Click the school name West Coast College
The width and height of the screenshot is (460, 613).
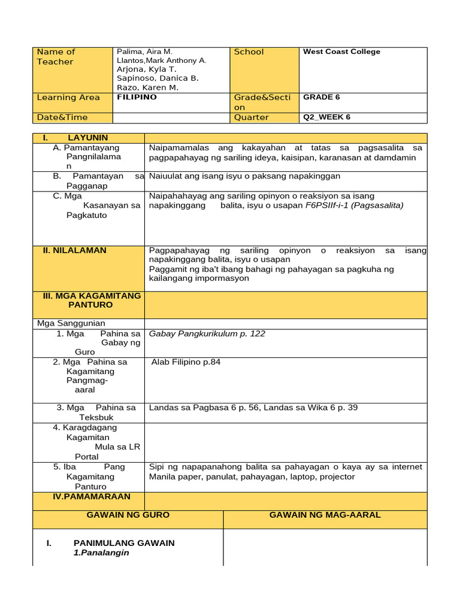(x=341, y=52)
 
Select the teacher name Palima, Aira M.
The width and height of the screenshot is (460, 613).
(x=144, y=52)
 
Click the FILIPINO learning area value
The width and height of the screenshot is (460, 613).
(x=137, y=97)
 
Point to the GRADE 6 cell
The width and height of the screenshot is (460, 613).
(x=321, y=97)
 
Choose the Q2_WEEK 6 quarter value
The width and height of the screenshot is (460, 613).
(x=326, y=117)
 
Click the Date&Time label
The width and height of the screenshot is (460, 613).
(x=62, y=117)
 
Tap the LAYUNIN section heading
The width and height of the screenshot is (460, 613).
(x=87, y=138)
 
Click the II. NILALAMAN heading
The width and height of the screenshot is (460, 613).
(x=74, y=250)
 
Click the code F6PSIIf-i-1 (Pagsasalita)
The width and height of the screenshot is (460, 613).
(x=355, y=205)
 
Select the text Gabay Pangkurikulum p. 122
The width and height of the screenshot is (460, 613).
(x=207, y=333)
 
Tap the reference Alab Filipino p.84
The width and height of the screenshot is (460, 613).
(x=186, y=362)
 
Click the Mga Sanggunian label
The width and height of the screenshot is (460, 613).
(x=71, y=323)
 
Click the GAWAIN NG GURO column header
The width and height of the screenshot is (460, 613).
(x=128, y=515)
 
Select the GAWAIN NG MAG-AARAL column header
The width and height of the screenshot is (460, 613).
(x=325, y=515)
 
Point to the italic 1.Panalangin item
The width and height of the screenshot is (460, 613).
(x=101, y=553)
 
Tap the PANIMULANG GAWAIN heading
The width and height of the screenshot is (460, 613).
(x=124, y=543)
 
